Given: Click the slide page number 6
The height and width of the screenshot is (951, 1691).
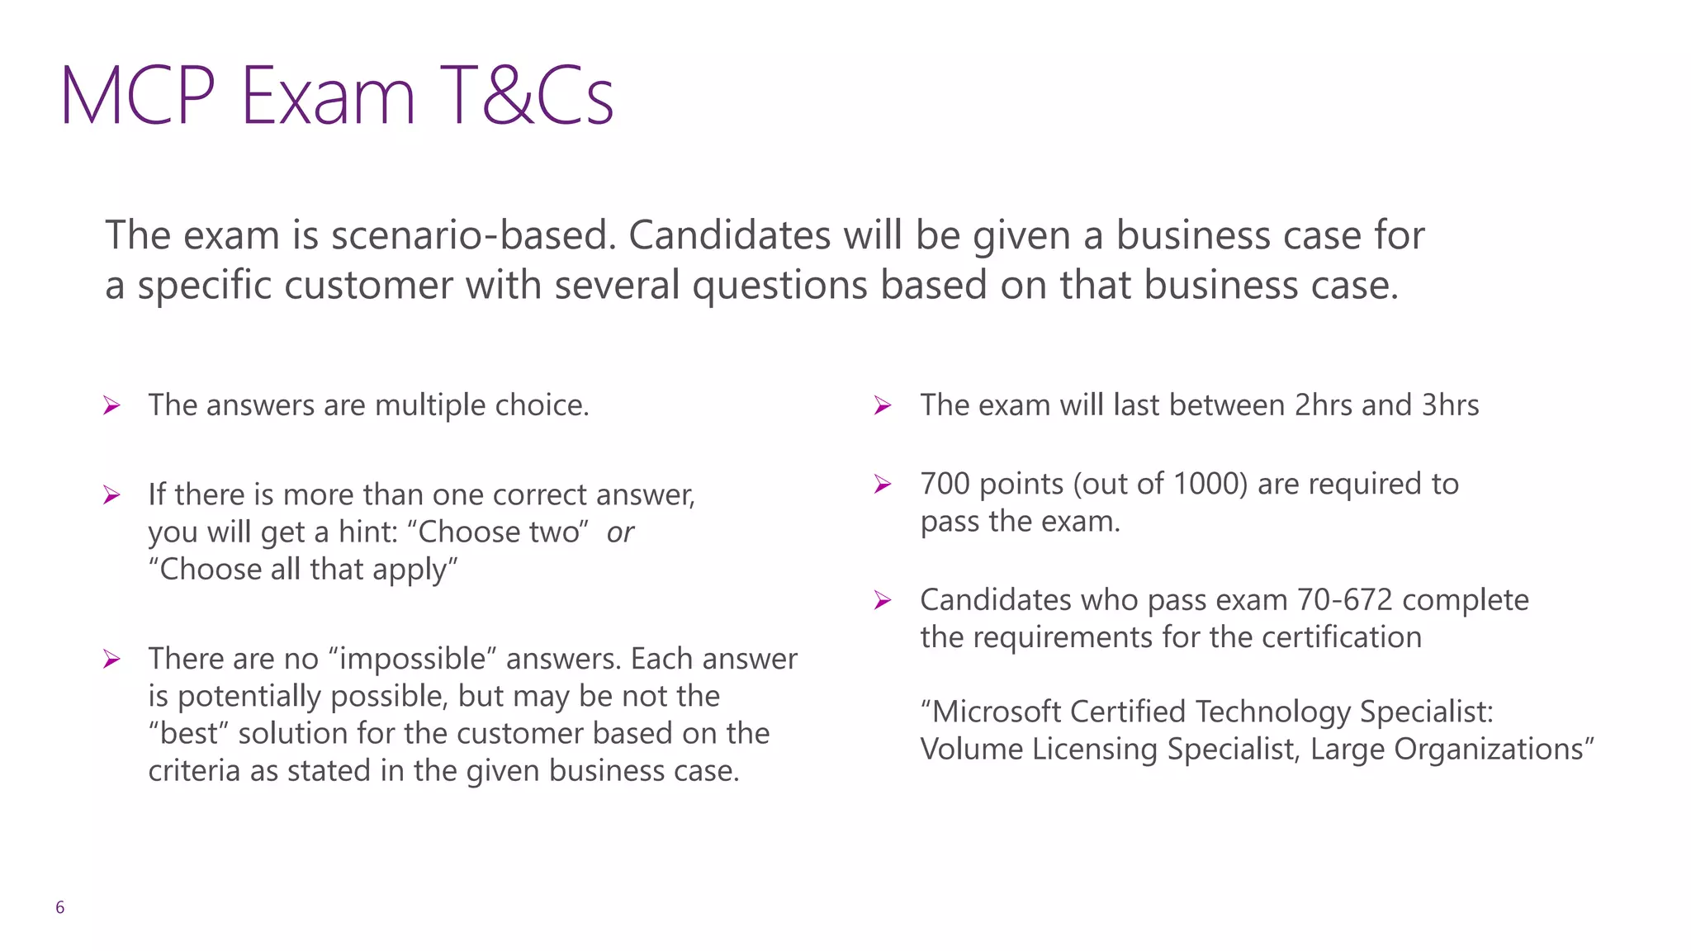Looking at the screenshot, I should point(59,908).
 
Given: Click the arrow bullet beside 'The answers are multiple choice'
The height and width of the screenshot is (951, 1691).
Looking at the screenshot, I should point(112,406).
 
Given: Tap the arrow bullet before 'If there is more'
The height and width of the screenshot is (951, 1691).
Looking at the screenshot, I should point(112,495).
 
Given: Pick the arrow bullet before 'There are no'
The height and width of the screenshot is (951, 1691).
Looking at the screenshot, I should point(112,660).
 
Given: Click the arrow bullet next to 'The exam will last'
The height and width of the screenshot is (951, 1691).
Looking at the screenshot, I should point(883,406).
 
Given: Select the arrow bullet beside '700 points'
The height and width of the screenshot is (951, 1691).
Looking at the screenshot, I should point(883,485).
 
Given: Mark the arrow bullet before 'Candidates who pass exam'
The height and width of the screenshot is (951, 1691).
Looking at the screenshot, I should point(883,601).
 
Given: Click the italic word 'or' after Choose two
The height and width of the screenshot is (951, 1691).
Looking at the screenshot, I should point(620,532).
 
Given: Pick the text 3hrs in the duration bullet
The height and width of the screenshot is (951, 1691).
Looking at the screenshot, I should point(1450,405).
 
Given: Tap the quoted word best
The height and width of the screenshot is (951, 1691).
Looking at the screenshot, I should point(189,733).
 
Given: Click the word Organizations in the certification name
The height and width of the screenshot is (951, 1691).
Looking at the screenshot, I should point(1494,749).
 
